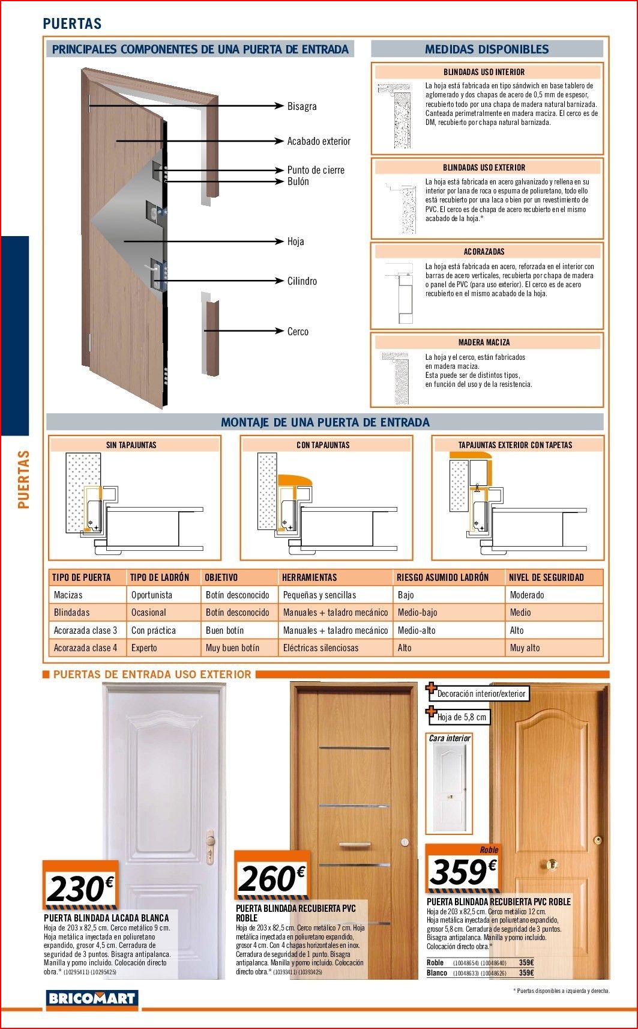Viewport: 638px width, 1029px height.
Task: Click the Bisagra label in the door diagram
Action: pos(301,106)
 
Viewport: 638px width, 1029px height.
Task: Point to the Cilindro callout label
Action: pos(302,281)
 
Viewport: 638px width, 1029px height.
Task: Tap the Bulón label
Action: pos(298,181)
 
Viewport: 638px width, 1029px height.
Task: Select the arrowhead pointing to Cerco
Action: pos(278,331)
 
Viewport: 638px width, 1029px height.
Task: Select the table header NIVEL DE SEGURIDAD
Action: pos(546,577)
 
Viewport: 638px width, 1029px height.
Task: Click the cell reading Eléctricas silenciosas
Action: pos(321,648)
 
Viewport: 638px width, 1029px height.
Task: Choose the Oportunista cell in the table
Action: pos(151,595)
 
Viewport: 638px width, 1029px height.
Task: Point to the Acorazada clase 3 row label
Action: pos(85,630)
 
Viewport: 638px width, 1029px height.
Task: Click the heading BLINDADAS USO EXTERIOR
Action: pos(484,168)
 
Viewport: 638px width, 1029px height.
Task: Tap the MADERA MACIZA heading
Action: pos(484,342)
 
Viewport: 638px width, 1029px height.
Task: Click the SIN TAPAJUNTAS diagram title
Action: pos(131,445)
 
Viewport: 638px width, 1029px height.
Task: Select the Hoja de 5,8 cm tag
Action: pos(462,717)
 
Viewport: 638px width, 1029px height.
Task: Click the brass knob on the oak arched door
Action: pos(551,865)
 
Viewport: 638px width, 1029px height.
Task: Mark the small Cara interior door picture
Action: pos(450,788)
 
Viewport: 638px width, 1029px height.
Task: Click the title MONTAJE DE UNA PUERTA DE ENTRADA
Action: pos(325,422)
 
